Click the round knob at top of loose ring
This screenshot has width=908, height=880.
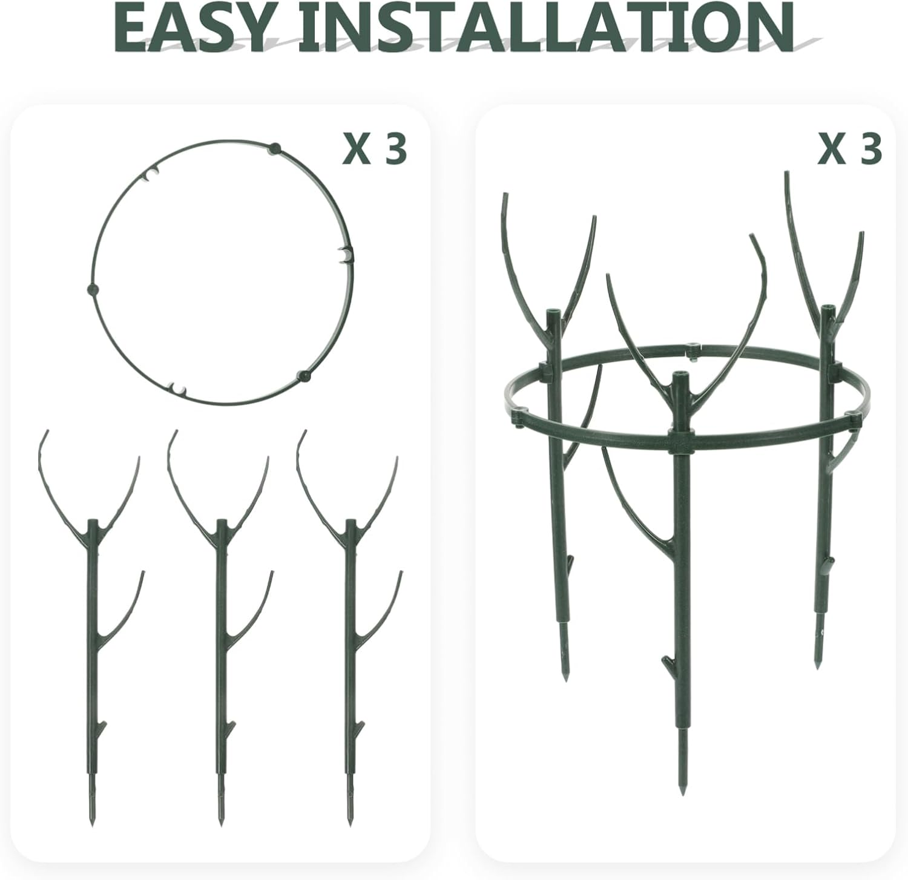coord(275,148)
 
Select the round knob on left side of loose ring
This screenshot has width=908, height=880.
coord(92,289)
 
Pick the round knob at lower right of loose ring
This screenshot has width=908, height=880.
coord(304,376)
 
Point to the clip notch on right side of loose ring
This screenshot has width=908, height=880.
coord(344,255)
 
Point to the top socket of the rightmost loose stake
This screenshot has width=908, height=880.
coord(349,522)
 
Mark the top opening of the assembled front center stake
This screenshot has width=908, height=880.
coord(680,376)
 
